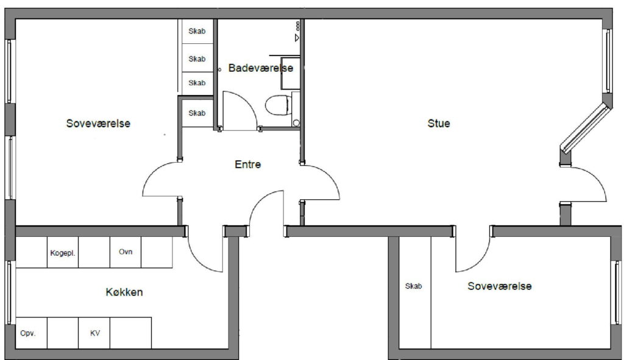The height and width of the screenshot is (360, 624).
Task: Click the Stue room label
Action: [x=439, y=123]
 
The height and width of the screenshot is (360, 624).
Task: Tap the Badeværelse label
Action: [x=261, y=68]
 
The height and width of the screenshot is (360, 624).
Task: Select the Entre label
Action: [x=247, y=164]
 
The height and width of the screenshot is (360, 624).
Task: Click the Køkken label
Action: [x=124, y=292]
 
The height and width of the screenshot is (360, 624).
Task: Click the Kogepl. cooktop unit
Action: [x=63, y=252]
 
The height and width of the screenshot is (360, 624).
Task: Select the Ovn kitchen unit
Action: [x=126, y=252]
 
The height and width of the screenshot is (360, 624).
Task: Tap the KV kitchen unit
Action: [x=94, y=333]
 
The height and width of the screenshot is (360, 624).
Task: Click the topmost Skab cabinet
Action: [x=197, y=31]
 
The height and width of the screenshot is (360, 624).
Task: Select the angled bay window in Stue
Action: [x=586, y=128]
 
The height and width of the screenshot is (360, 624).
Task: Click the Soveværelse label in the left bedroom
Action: [x=98, y=123]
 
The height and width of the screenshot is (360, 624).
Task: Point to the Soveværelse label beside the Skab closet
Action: [x=500, y=286]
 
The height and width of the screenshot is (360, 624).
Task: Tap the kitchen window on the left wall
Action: [x=10, y=292]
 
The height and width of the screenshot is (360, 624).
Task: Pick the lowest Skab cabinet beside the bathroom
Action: [x=197, y=113]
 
